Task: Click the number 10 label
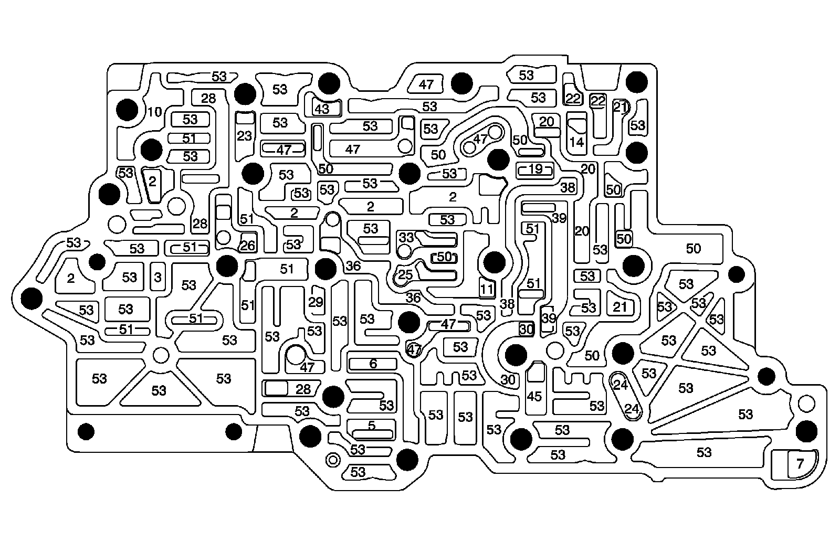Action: [x=154, y=112]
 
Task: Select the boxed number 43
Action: [x=321, y=109]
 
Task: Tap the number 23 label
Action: [x=244, y=136]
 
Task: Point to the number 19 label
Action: [x=535, y=169]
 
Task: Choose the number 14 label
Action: [x=576, y=142]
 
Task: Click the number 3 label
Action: [x=157, y=277]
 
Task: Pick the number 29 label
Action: [x=316, y=302]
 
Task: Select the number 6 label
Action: [x=373, y=364]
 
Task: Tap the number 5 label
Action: [x=372, y=426]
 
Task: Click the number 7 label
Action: [x=800, y=464]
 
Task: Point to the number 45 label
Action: [x=534, y=397]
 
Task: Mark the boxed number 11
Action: [x=487, y=288]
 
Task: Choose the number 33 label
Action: [x=406, y=237]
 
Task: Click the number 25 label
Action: [x=405, y=275]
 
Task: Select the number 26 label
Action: [x=247, y=245]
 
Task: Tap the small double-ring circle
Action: [x=332, y=460]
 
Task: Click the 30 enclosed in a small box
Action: [x=526, y=329]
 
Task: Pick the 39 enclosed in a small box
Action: [x=548, y=318]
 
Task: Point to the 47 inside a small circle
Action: [x=414, y=348]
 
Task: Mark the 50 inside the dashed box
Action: [x=444, y=257]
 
